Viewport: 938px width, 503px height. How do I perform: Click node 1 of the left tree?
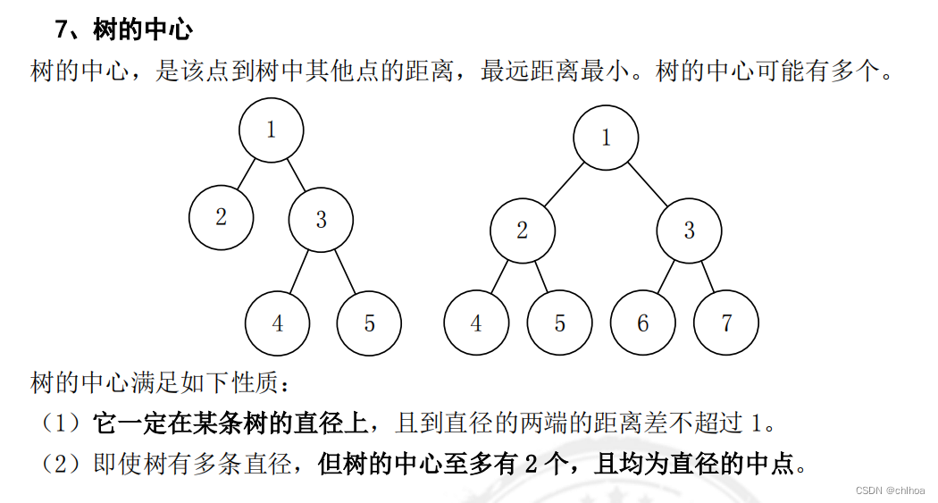tap(271, 130)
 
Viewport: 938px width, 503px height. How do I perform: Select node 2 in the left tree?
tap(221, 217)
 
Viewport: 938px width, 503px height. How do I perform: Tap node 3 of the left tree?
tap(321, 219)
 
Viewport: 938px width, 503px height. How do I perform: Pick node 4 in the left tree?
tap(277, 323)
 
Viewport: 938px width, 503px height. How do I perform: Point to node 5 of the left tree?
tap(369, 323)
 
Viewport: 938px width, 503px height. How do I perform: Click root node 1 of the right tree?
tap(606, 138)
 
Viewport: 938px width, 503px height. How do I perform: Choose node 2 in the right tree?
tap(522, 231)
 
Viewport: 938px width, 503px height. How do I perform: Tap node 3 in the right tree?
tap(689, 231)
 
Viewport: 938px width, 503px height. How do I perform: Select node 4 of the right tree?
tap(476, 323)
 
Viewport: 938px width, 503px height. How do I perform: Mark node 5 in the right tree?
tap(559, 323)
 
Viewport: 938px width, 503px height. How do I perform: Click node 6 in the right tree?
tap(643, 323)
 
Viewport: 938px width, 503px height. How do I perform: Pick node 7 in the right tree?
tap(726, 323)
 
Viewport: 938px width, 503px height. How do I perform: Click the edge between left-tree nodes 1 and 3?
tap(296, 175)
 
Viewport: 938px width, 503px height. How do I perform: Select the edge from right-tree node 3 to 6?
tap(666, 277)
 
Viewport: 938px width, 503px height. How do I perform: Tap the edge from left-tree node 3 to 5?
tap(345, 271)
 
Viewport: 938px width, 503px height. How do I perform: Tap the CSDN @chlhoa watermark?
tap(889, 490)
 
